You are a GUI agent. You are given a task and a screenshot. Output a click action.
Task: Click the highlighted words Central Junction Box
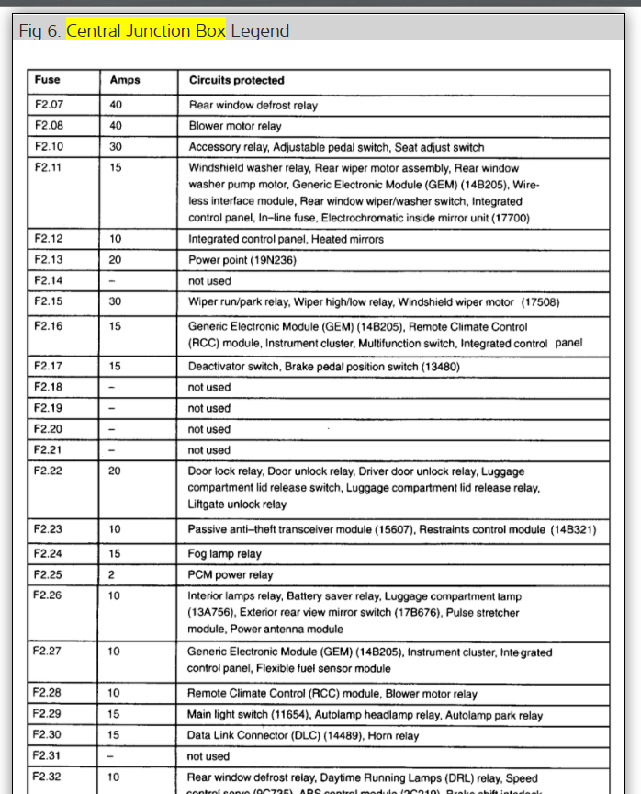click(x=146, y=30)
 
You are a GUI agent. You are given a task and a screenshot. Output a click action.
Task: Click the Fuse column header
click(x=47, y=80)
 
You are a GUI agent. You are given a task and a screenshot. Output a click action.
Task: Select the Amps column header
click(x=125, y=80)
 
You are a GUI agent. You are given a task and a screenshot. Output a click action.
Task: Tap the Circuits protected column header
click(x=236, y=80)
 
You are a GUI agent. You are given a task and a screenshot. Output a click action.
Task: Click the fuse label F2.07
click(x=49, y=105)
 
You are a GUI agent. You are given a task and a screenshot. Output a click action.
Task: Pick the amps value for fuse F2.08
click(x=116, y=126)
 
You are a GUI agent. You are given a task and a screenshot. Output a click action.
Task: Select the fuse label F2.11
click(x=49, y=168)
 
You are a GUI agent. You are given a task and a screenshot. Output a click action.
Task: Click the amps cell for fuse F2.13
click(x=116, y=260)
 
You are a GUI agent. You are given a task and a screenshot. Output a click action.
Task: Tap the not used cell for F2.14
click(x=209, y=281)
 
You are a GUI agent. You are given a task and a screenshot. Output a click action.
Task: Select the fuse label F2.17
click(x=49, y=366)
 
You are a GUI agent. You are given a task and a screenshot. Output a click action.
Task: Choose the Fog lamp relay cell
click(x=224, y=554)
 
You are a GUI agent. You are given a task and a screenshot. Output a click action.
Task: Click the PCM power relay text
click(x=230, y=575)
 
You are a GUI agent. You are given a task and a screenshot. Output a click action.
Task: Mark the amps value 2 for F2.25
click(x=113, y=575)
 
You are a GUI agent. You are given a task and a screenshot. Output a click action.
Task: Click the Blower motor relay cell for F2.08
click(x=235, y=126)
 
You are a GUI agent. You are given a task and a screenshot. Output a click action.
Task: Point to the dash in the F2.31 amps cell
click(x=112, y=756)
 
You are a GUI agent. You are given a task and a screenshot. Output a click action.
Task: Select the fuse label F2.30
click(x=49, y=735)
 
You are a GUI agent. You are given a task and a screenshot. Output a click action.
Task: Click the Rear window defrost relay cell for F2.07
click(x=253, y=105)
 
